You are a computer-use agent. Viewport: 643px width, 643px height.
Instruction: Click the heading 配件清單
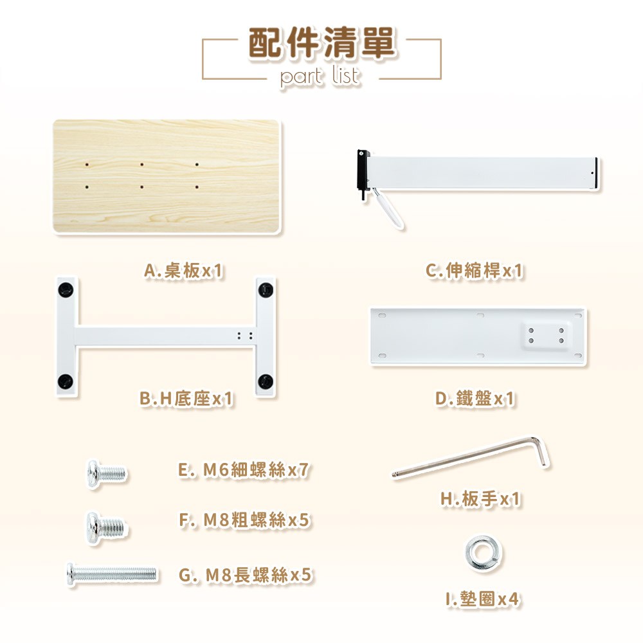tap(322, 42)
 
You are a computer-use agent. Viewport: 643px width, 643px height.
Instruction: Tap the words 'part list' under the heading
tap(320, 76)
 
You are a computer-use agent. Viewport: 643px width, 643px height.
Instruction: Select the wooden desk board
tap(167, 176)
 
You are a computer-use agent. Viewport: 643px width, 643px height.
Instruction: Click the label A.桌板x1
tap(184, 271)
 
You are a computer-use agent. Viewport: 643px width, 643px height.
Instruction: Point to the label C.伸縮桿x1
tap(474, 271)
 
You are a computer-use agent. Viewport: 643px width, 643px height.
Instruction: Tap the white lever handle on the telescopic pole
tap(388, 208)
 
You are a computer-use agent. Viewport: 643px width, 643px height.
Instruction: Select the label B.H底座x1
tap(186, 398)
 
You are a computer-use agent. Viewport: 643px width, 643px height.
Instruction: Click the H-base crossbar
tap(166, 337)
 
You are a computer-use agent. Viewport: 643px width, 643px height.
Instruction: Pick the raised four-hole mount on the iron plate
tap(546, 336)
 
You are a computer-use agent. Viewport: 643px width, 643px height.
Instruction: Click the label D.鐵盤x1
tap(475, 398)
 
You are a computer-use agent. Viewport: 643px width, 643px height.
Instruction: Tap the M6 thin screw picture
tap(107, 474)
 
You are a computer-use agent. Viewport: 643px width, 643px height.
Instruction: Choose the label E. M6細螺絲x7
tap(244, 470)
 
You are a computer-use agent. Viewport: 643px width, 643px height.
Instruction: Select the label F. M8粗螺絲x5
tap(244, 520)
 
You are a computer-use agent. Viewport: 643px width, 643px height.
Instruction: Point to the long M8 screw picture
tap(111, 574)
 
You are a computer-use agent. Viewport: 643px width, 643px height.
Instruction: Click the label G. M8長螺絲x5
tap(245, 575)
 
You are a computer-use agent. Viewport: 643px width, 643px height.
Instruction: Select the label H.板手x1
tap(480, 499)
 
